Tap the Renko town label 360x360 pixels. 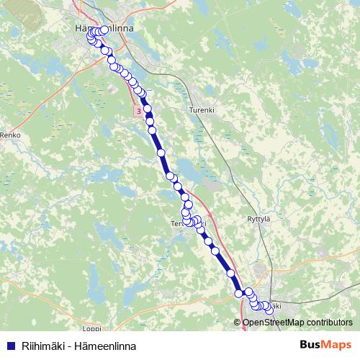coord(11,135)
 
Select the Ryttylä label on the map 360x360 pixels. coord(258,219)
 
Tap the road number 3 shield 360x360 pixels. coord(138,111)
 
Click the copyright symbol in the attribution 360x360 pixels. coord(238,323)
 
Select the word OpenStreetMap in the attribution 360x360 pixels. coord(274,323)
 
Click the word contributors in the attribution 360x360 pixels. coord(330,323)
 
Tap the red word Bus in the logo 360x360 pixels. coord(311,345)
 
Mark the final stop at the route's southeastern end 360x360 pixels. coord(270,310)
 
